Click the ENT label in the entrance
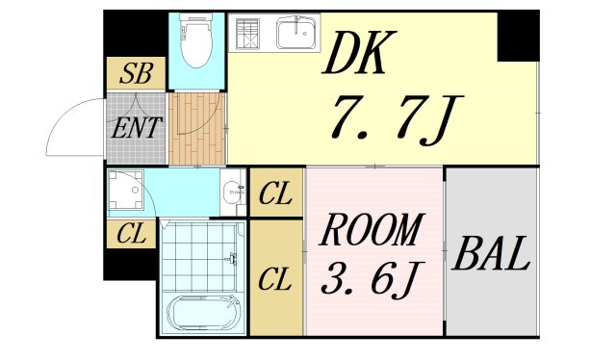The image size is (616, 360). click(136, 127)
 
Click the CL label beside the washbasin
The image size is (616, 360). click(276, 194)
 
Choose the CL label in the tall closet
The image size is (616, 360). click(276, 281)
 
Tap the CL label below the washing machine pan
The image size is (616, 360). click(130, 233)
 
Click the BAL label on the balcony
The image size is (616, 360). click(491, 256)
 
